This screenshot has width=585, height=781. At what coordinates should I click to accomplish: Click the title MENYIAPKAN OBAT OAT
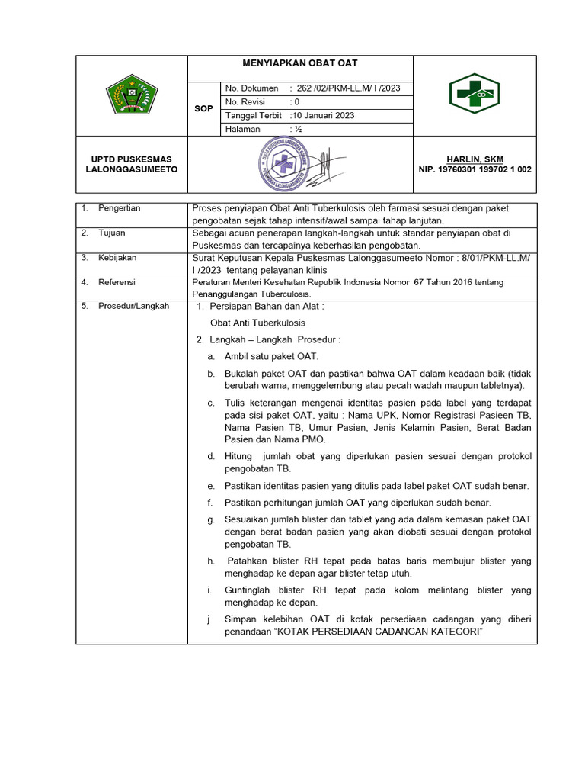(x=299, y=63)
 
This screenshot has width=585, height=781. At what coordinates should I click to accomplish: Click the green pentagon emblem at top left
(x=131, y=95)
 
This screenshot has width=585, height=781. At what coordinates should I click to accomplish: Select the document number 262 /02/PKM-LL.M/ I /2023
(x=348, y=88)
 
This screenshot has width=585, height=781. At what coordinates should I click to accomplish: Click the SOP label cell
(x=203, y=109)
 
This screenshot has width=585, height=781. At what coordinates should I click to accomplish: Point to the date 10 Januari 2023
(x=323, y=116)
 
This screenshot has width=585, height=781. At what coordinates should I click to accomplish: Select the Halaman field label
(x=242, y=130)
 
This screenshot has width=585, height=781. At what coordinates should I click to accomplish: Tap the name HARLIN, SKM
(x=475, y=159)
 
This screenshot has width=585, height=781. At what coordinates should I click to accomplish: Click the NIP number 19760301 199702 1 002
(x=475, y=169)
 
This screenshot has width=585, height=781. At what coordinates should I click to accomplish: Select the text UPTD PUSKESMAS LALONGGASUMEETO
(x=131, y=164)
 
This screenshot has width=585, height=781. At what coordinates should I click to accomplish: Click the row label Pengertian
(x=119, y=208)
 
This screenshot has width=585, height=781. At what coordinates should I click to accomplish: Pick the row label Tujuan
(x=111, y=233)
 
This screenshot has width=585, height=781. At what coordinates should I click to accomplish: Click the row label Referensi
(x=117, y=282)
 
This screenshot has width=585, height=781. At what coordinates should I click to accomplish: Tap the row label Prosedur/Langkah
(x=133, y=306)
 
